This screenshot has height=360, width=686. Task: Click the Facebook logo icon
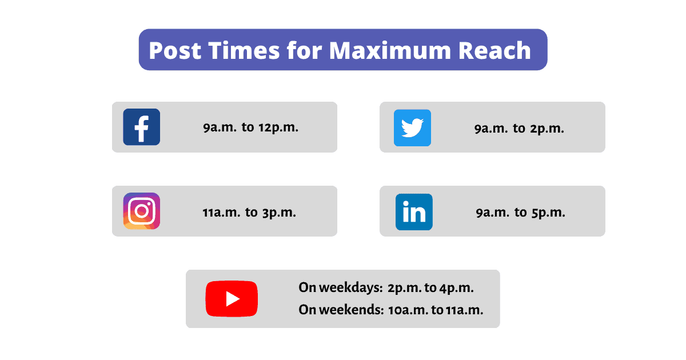tap(142, 127)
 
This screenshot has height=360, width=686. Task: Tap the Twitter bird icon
tap(412, 127)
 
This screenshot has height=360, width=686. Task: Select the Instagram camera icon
tap(142, 211)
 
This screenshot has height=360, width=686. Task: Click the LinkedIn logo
tap(414, 212)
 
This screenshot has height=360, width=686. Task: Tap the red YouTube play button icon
tap(232, 298)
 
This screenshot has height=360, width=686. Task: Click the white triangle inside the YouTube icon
tap(233, 299)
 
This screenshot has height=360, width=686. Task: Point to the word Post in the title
tap(175, 50)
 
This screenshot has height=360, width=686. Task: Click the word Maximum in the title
tap(390, 50)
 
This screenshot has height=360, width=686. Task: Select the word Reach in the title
tap(494, 50)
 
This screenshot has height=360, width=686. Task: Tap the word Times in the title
tap(244, 50)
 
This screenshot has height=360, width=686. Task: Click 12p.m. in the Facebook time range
tap(278, 127)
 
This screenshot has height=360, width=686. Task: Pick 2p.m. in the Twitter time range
tap(547, 129)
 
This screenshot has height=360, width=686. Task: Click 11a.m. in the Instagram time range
tap(221, 213)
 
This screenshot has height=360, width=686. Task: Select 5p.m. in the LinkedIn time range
tap(548, 213)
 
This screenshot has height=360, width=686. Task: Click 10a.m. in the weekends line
tap(408, 310)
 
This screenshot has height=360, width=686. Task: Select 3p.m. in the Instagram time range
tap(279, 213)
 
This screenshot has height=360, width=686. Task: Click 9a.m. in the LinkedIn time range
tap(493, 213)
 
